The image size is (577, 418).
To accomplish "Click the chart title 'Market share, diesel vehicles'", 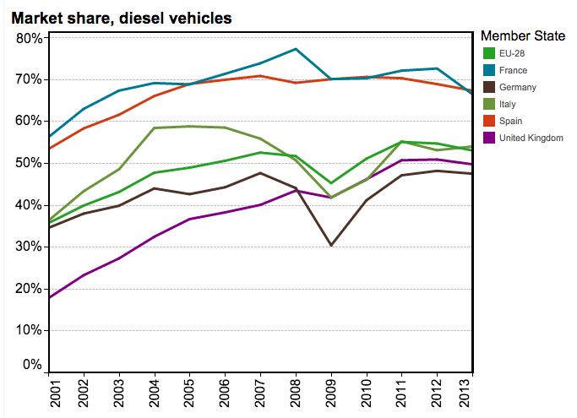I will (122, 17).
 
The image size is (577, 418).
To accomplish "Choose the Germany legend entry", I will (517, 87).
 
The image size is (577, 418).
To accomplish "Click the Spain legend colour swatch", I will (488, 121).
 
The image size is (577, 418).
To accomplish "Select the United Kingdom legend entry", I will (531, 138).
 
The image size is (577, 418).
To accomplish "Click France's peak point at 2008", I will (296, 49).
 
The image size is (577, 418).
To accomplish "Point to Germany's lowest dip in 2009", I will (331, 246).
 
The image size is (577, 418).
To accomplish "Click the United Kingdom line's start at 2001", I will (49, 297).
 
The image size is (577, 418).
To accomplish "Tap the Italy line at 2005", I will (189, 127).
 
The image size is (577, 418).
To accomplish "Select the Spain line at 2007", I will (260, 76).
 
